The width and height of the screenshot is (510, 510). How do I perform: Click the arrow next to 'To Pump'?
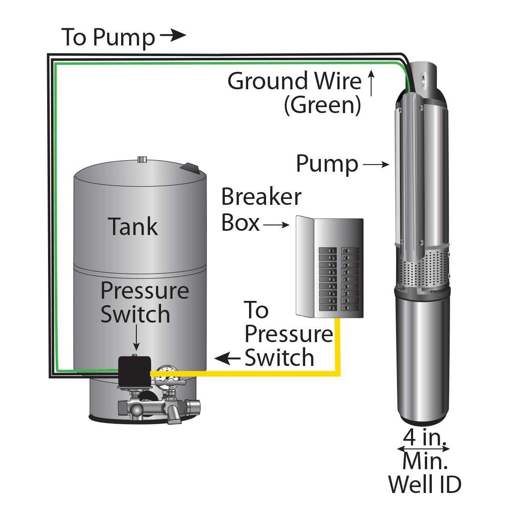[x=173, y=36]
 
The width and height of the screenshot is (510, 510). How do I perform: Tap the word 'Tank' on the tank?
[x=133, y=226]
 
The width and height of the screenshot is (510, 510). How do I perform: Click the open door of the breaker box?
[x=304, y=267]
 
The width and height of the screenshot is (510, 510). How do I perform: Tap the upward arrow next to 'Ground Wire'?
[x=371, y=83]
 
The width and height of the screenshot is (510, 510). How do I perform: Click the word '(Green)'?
[x=323, y=105]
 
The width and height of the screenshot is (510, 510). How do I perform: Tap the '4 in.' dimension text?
[x=424, y=438]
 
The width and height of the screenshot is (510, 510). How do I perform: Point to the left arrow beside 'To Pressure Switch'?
[x=227, y=359]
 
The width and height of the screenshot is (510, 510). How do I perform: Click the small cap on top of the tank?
[x=142, y=160]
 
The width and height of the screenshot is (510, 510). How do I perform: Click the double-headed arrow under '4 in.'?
[x=423, y=449]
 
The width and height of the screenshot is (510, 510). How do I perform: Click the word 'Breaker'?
[x=261, y=197]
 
